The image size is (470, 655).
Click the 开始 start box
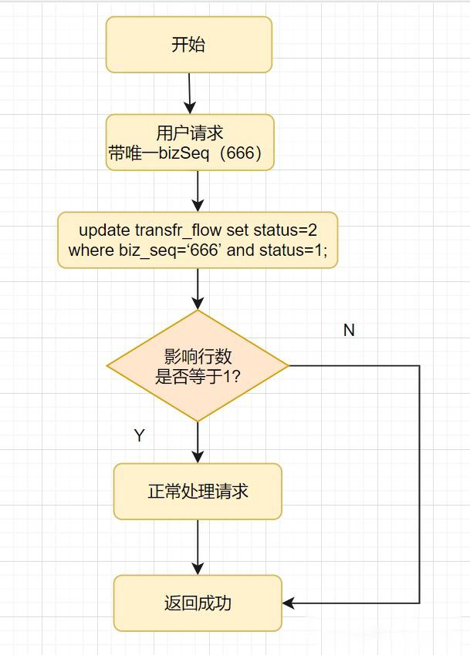189,45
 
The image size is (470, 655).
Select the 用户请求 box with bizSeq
190,143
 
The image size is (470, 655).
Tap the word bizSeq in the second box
184,153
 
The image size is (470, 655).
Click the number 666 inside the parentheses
241,153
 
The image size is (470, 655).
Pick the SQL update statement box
198,240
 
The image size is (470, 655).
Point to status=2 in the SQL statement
286,230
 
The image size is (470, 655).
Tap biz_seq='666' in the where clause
171,250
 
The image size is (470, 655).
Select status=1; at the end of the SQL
293,250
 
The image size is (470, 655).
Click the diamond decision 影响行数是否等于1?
198,366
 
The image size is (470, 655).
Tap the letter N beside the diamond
349,330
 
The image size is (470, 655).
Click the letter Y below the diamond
140,435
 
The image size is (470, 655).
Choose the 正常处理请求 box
198,492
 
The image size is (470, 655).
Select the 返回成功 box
198,603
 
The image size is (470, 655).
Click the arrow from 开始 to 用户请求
190,93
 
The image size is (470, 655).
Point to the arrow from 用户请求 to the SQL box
198,191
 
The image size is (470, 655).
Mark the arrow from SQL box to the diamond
198,289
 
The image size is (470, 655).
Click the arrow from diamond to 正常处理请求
198,443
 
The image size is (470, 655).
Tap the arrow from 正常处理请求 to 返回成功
198,548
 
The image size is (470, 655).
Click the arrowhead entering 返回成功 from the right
288,603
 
